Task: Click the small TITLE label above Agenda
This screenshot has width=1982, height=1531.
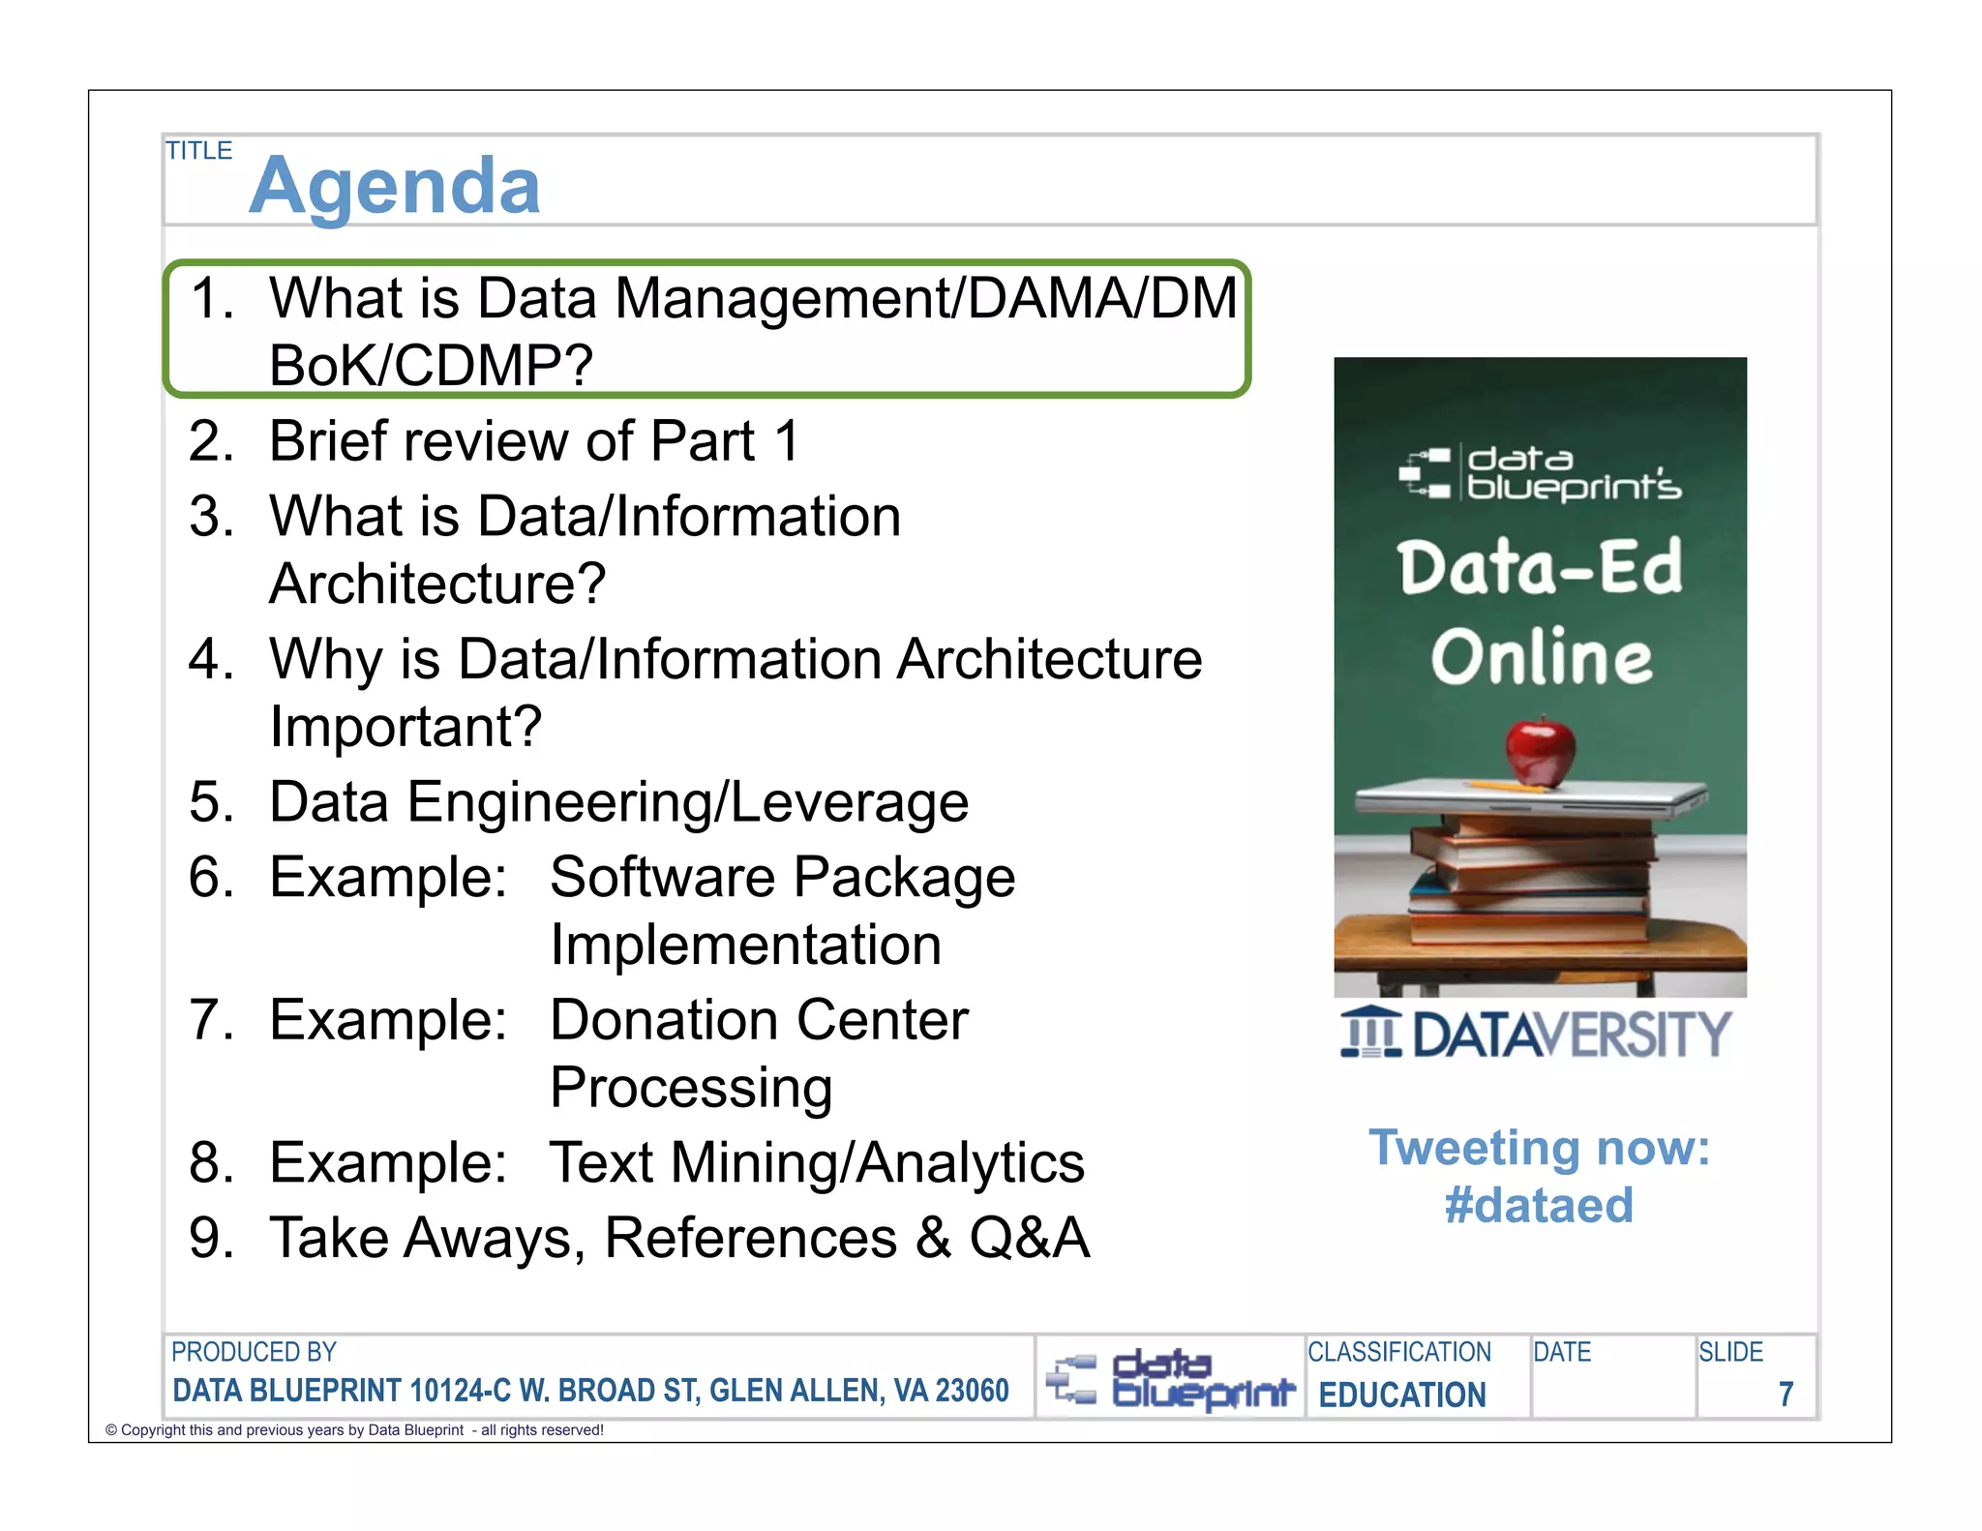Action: (198, 151)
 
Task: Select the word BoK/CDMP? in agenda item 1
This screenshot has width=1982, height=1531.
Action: (431, 366)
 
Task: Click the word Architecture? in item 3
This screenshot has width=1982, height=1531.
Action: (437, 584)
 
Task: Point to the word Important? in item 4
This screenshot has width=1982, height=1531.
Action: (405, 726)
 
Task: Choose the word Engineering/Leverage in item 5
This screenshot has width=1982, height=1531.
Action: (687, 802)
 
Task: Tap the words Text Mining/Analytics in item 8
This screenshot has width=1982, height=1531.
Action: (817, 1162)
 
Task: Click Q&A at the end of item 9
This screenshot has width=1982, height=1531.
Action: (1029, 1238)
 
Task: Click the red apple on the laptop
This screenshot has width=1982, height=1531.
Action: (1541, 750)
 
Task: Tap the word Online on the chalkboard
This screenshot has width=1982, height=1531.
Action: (1541, 657)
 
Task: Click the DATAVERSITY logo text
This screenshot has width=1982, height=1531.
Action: (1571, 1035)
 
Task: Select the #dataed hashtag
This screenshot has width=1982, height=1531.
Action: (1539, 1206)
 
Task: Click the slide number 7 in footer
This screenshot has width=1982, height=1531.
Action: (1786, 1394)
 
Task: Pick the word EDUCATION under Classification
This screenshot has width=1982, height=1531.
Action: (1402, 1395)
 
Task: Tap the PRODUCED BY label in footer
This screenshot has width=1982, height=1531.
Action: (254, 1352)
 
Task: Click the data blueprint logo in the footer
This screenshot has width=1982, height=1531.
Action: (1170, 1378)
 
